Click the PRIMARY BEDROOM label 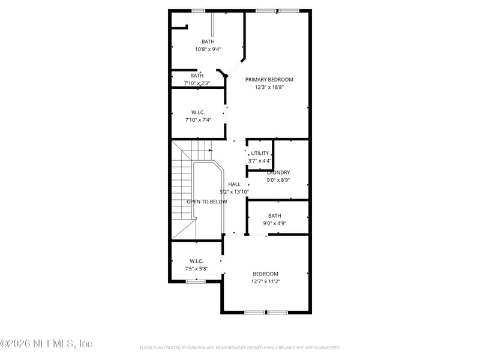(269, 80)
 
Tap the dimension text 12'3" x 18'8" (269, 88)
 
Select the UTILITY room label (260, 154)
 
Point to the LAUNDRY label (278, 173)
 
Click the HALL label (234, 184)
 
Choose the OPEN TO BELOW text (207, 202)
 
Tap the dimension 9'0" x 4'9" (274, 224)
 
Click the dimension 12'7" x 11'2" (265, 281)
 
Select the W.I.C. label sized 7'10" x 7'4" (198, 112)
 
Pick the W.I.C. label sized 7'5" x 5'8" (196, 261)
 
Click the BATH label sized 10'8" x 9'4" (208, 41)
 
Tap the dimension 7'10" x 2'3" (197, 83)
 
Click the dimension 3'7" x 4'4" (260, 161)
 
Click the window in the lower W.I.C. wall (196, 281)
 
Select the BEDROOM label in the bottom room (265, 274)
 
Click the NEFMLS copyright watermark (46, 344)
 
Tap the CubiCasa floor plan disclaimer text (239, 347)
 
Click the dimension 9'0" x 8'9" (278, 180)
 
